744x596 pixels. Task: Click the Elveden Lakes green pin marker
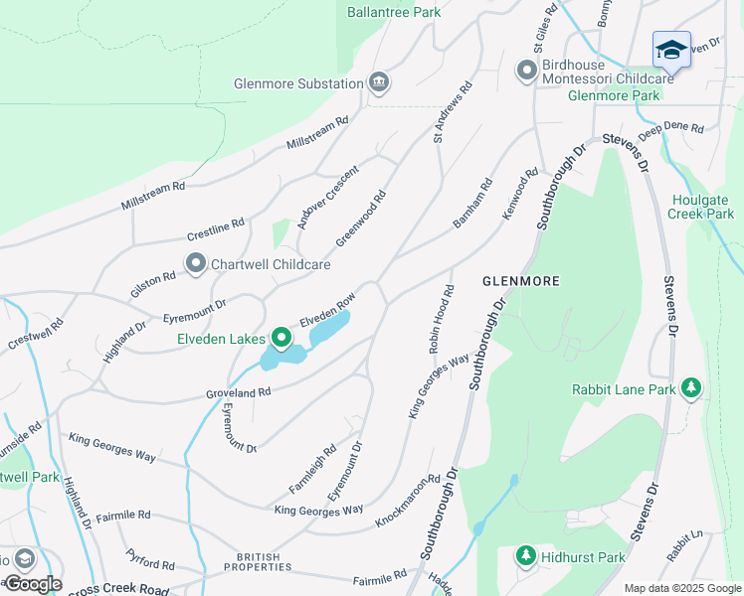[x=280, y=340]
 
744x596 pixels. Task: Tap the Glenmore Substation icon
[x=378, y=83]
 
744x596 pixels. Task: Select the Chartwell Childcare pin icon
[x=195, y=264]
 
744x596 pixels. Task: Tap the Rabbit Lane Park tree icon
[x=689, y=389]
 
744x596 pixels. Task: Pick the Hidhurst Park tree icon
[x=525, y=556]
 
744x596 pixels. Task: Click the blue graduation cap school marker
[x=671, y=50]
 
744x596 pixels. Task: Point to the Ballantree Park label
[x=394, y=13]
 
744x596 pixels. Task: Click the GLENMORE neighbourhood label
[x=516, y=281]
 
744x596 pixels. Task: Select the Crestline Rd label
[x=216, y=230]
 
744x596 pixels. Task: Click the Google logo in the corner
[x=32, y=583]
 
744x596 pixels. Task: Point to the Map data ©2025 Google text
[x=681, y=588]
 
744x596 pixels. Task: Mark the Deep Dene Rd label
[x=670, y=129]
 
